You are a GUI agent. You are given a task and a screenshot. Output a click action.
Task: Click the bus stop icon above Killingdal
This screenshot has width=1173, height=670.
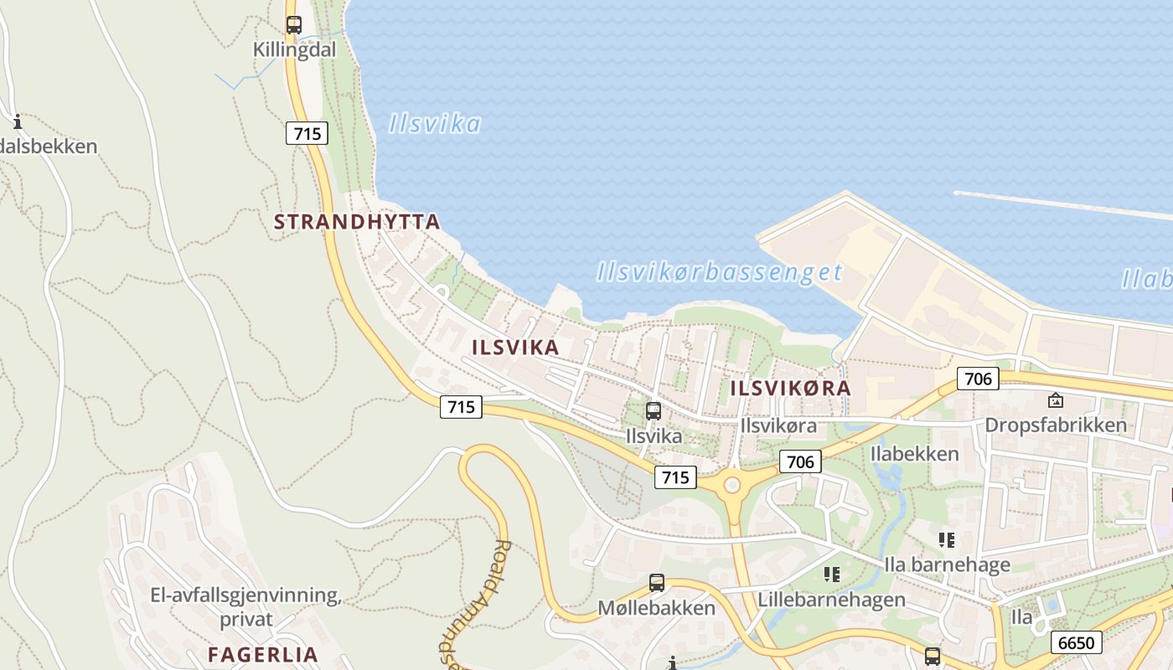(293, 25)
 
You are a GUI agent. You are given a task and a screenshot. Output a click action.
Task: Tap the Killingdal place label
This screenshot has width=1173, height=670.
(294, 50)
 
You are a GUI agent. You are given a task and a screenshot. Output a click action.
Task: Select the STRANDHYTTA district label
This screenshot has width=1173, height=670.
(357, 222)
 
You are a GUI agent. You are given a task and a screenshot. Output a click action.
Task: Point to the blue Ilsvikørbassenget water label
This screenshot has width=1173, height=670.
(719, 272)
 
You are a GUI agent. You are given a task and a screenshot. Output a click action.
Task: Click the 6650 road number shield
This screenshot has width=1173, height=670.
(1076, 642)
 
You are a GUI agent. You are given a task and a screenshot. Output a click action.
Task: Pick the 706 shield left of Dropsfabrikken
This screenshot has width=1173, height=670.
(978, 379)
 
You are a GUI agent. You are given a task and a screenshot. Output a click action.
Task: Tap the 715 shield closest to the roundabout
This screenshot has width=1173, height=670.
(674, 477)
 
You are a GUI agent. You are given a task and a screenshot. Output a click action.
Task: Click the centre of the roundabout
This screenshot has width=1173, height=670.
(732, 485)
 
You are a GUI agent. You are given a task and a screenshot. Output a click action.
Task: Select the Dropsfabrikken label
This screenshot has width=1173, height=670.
(1056, 425)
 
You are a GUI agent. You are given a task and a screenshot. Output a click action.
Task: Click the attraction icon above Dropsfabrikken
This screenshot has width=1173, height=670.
(1055, 400)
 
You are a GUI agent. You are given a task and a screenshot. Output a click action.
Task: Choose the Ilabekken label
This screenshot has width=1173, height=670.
(914, 454)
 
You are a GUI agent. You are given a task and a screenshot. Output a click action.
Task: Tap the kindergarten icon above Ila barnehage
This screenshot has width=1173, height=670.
(947, 540)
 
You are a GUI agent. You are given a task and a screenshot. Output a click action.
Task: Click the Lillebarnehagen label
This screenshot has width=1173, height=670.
(831, 600)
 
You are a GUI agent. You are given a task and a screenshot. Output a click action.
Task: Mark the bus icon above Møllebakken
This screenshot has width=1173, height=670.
(657, 582)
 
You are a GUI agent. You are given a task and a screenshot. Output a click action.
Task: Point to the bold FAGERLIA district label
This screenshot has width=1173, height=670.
(262, 655)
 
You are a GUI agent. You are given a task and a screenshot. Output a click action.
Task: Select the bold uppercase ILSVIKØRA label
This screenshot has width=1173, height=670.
(790, 389)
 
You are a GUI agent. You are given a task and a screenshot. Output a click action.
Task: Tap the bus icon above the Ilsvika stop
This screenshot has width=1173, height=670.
(654, 411)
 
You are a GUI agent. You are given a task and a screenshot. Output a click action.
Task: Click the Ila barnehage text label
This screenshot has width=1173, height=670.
(947, 564)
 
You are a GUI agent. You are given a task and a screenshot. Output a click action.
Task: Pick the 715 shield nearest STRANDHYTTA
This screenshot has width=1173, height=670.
(307, 132)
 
